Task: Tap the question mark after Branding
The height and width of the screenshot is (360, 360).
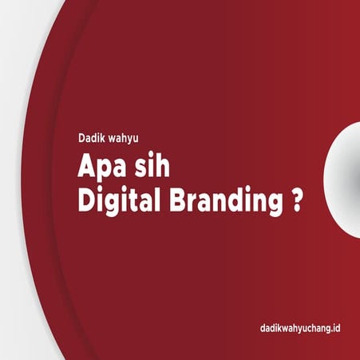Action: pos(297,200)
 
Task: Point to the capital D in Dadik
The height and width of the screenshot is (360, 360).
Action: pos(82,136)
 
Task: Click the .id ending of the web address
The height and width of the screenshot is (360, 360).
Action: pos(334,328)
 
